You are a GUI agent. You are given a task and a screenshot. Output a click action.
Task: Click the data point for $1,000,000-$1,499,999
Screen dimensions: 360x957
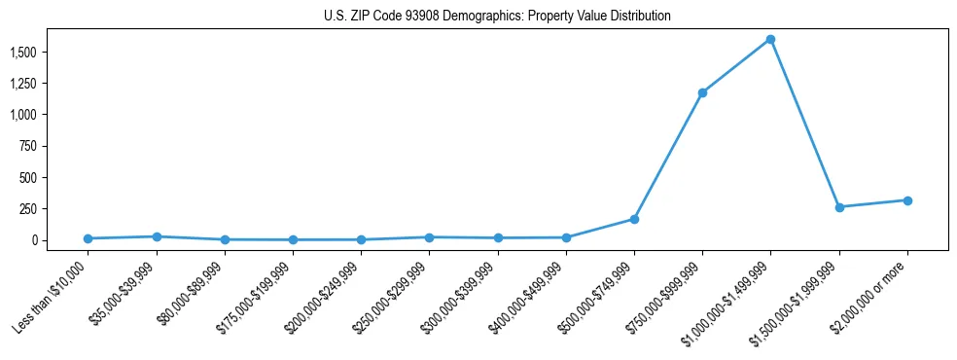click(770, 39)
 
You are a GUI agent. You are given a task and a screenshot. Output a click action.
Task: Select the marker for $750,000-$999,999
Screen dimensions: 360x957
click(702, 92)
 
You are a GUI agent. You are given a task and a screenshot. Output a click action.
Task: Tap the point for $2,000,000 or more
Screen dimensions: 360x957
click(907, 200)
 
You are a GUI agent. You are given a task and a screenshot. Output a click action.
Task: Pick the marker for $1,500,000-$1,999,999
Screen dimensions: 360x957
click(839, 207)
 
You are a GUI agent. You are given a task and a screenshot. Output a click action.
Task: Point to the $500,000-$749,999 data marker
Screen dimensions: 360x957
click(634, 219)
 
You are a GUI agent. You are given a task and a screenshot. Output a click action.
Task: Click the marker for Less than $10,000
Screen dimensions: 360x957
click(88, 238)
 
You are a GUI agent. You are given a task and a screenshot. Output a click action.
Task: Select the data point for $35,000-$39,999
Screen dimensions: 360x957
click(157, 236)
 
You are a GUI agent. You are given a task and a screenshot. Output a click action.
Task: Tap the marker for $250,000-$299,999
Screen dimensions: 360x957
click(429, 237)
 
